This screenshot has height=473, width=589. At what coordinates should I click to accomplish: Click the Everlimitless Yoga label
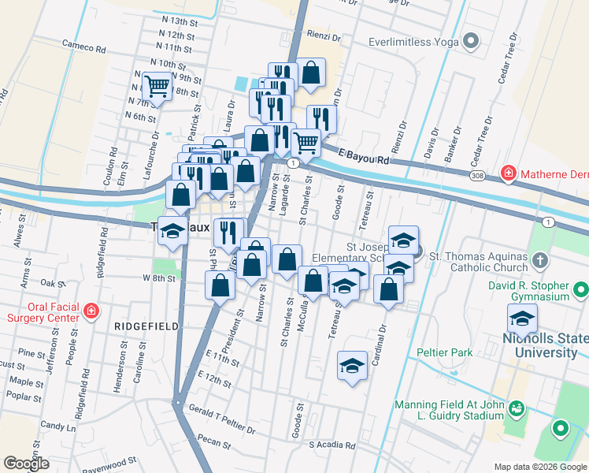pyautogui.click(x=414, y=40)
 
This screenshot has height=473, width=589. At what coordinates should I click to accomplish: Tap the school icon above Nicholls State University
pyautogui.click(x=522, y=318)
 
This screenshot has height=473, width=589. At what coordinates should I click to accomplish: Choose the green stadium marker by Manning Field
pyautogui.click(x=516, y=408)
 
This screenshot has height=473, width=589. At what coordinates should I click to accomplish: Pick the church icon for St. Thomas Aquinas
pyautogui.click(x=539, y=259)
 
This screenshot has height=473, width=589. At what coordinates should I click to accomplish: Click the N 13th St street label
pyautogui.click(x=176, y=22)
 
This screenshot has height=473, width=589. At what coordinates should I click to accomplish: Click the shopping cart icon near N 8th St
pyautogui.click(x=157, y=85)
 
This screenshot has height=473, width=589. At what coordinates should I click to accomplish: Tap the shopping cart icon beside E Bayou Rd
pyautogui.click(x=306, y=143)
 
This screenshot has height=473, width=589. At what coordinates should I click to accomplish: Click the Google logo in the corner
pyautogui.click(x=27, y=464)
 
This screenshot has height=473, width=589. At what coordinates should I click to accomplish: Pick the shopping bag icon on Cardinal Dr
pyautogui.click(x=389, y=289)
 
